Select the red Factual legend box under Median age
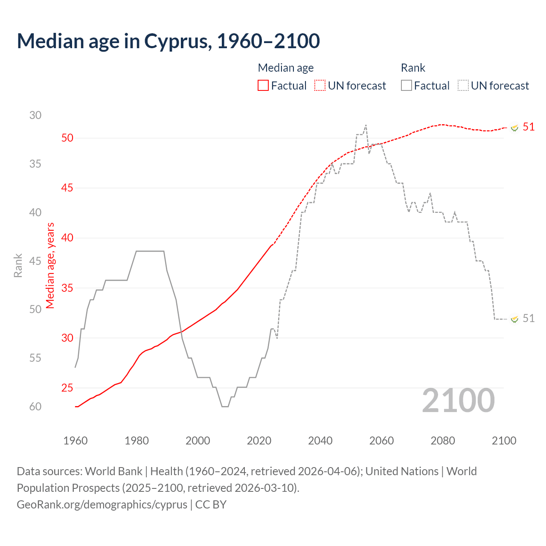pyautogui.click(x=263, y=86)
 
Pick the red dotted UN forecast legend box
pyautogui.click(x=320, y=86)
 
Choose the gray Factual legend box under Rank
pyautogui.click(x=407, y=86)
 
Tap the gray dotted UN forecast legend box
pyautogui.click(x=463, y=86)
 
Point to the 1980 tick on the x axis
pyautogui.click(x=136, y=441)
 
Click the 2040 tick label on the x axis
pyautogui.click(x=320, y=441)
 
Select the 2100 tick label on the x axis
pyautogui.click(x=504, y=441)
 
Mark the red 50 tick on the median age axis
pyautogui.click(x=67, y=138)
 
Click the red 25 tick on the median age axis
pyautogui.click(x=67, y=388)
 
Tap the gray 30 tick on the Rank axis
pyautogui.click(x=35, y=115)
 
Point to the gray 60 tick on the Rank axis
pyautogui.click(x=35, y=407)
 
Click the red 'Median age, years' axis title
pyautogui.click(x=50, y=265)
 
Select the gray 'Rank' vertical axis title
pyautogui.click(x=18, y=265)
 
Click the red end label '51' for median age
pyautogui.click(x=529, y=127)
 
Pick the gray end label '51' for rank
pyautogui.click(x=529, y=318)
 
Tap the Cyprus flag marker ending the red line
pyautogui.click(x=514, y=128)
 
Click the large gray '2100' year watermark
pyautogui.click(x=458, y=401)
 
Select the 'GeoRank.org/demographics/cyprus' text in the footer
pyautogui.click(x=102, y=505)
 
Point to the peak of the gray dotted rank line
pyautogui.click(x=366, y=125)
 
